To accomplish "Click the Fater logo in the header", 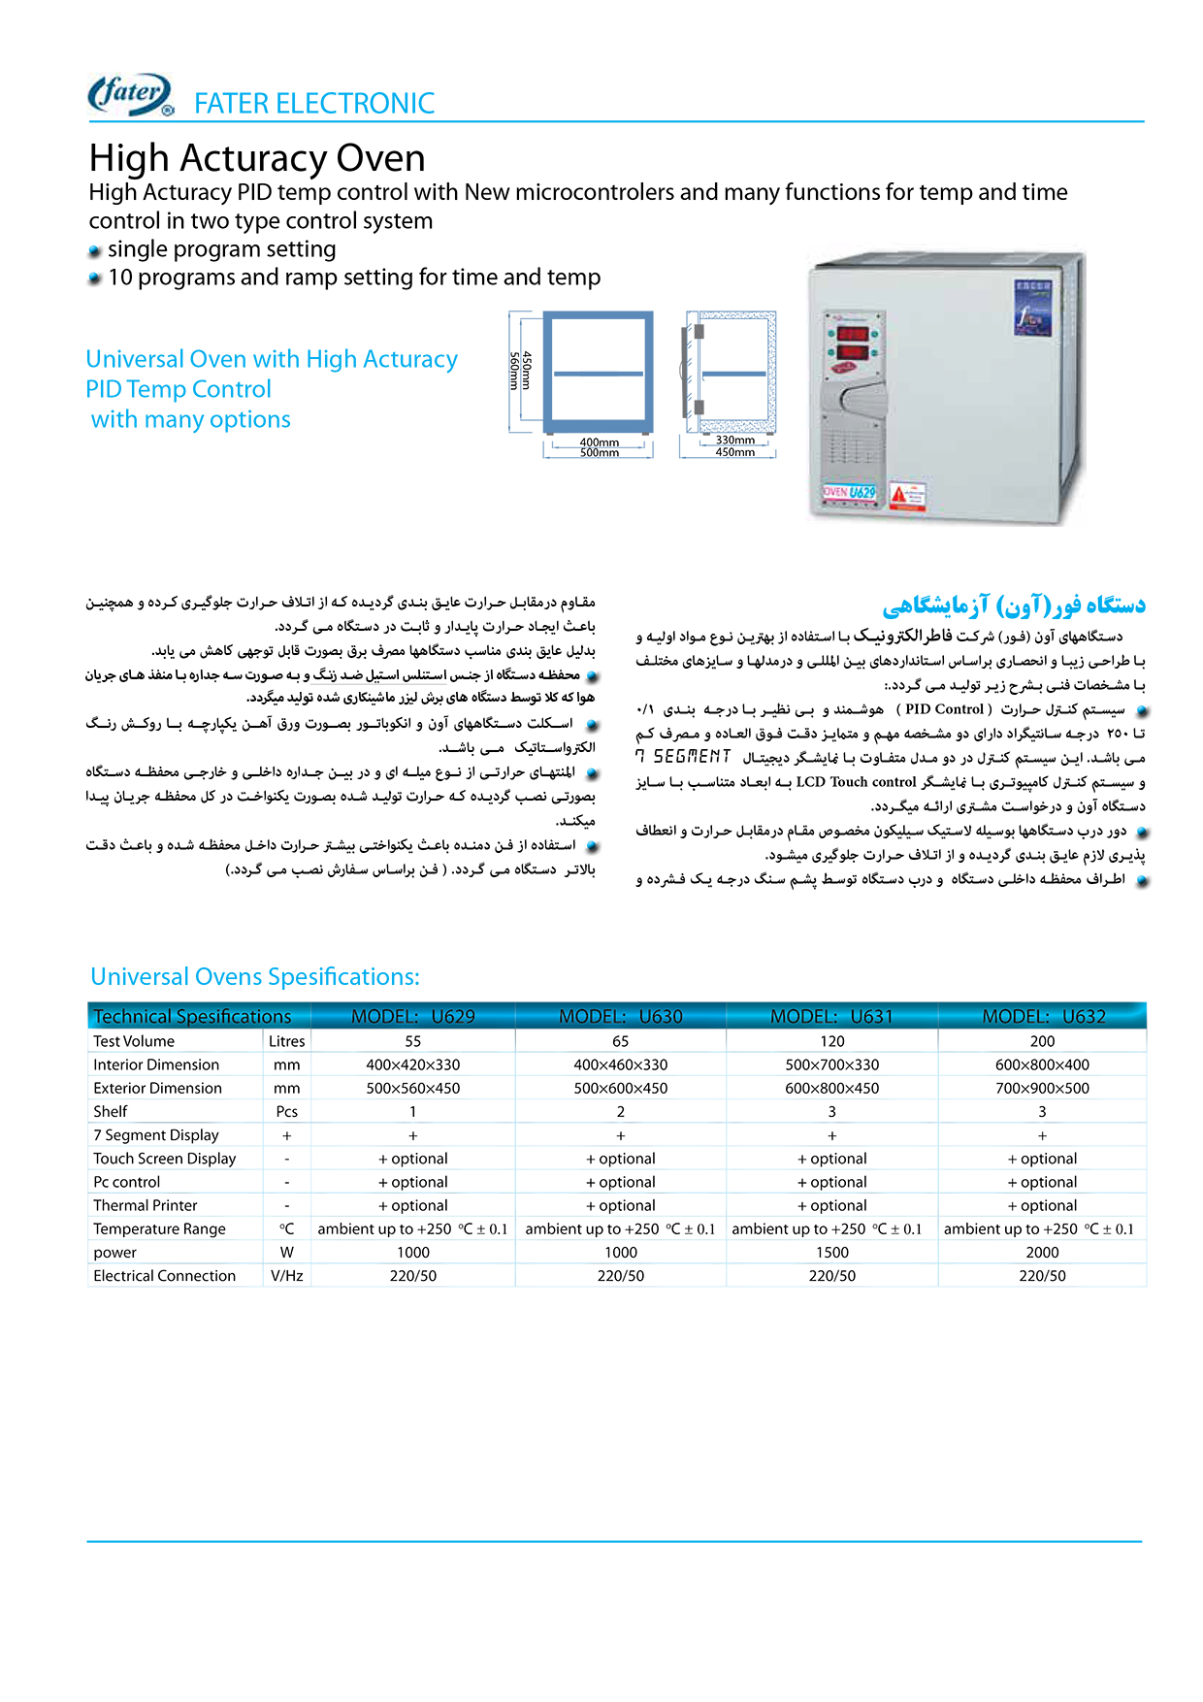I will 130,95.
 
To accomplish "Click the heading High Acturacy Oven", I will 257,158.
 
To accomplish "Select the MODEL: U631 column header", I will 831,1016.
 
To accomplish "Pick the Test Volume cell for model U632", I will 1042,1041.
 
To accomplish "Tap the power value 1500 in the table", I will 831,1253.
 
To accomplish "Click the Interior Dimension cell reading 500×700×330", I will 831,1064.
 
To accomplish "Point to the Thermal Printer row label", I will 146,1205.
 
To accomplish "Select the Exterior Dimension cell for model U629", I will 412,1088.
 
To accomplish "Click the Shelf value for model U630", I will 620,1112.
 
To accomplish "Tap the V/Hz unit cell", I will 286,1276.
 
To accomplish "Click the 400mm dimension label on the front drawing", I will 599,442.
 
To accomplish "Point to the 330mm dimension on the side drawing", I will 734,441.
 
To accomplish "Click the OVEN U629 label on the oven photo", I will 850,492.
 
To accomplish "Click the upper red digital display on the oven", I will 853,335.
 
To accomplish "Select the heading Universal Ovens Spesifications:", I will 255,977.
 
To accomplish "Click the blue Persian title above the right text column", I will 1014,606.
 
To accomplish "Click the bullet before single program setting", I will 95,250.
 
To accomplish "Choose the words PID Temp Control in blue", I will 179,389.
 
